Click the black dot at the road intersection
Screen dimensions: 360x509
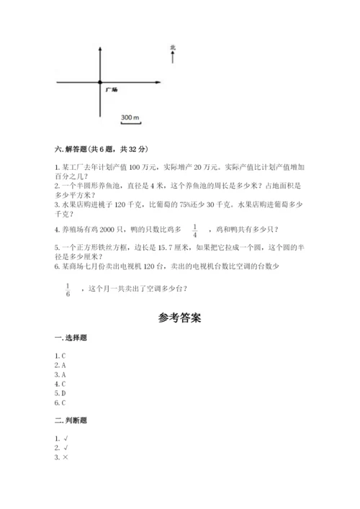tap(100, 83)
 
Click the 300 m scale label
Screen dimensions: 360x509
tap(130, 117)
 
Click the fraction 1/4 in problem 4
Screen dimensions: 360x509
tap(194, 230)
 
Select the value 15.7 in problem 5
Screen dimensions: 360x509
tap(164, 248)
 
